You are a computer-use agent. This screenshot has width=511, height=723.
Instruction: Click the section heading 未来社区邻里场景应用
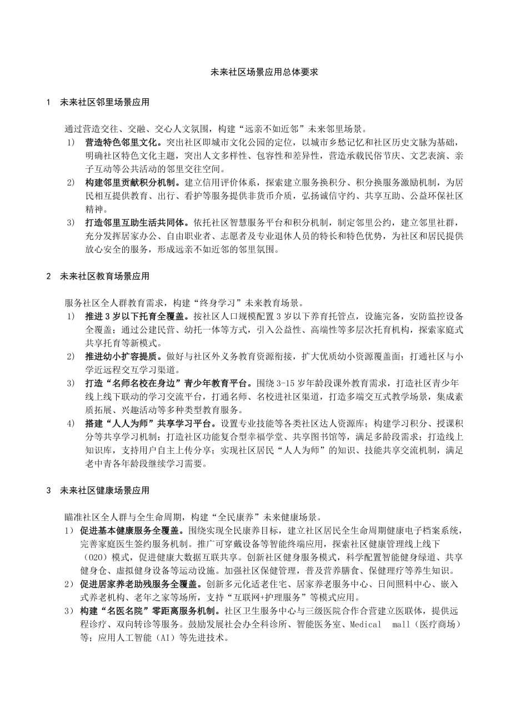(104, 103)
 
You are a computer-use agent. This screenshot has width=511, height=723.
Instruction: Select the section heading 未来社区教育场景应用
(104, 276)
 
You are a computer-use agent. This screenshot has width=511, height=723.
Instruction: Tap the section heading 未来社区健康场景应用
(104, 490)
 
